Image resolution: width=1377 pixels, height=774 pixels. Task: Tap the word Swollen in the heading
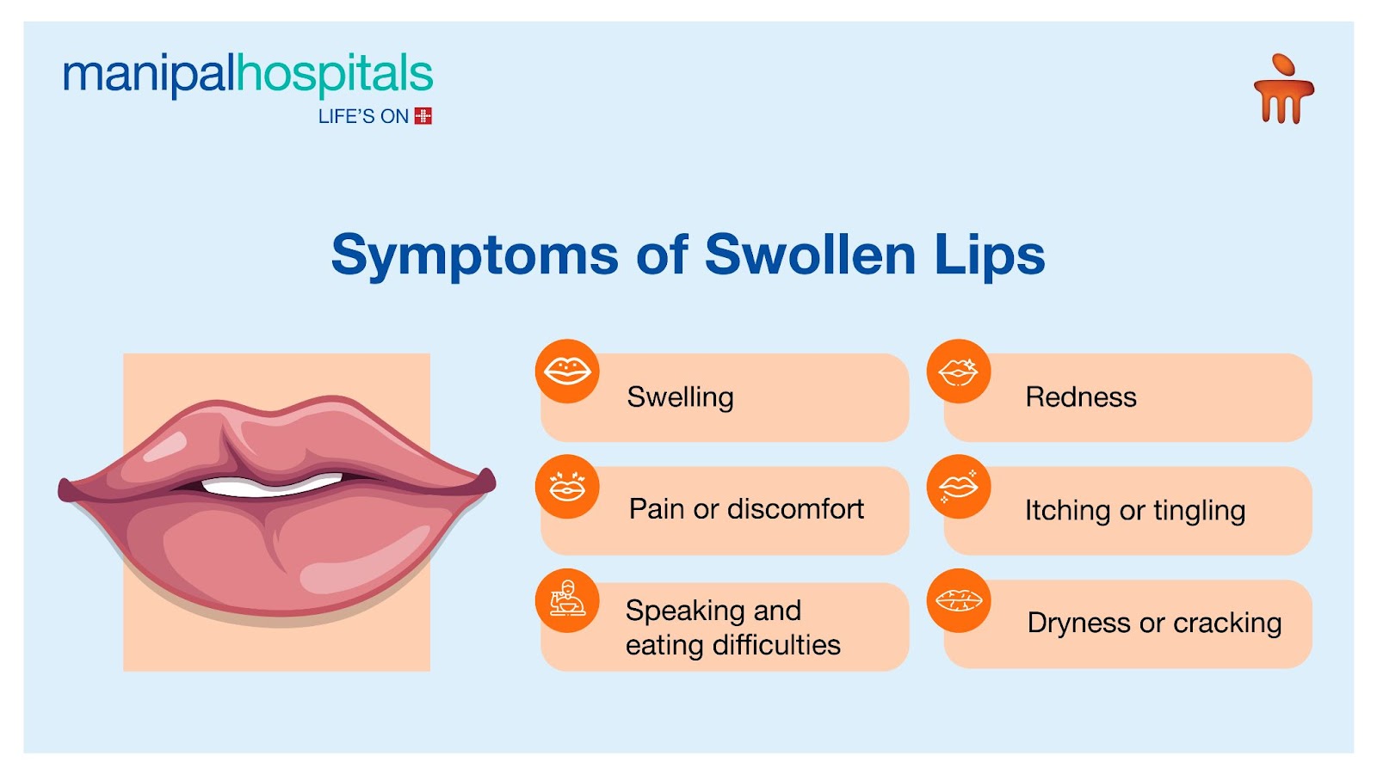tap(810, 254)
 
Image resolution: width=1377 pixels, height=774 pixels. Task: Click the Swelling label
tap(680, 397)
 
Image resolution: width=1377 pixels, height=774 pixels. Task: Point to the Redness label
tap(1081, 397)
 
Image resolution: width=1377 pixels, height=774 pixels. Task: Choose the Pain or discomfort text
tap(746, 509)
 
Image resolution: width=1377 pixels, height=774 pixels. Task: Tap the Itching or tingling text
tap(1135, 511)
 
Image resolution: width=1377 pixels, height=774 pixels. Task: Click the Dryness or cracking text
tap(1154, 623)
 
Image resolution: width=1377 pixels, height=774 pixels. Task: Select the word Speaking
tap(681, 611)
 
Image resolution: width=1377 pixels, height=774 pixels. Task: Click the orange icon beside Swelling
tap(567, 371)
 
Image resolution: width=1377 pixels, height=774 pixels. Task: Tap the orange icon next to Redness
tap(959, 371)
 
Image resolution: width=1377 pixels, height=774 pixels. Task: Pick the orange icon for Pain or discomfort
tap(567, 487)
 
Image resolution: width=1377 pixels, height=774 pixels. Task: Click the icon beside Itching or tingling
tap(959, 487)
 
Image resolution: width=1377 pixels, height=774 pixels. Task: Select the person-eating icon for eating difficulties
tap(567, 601)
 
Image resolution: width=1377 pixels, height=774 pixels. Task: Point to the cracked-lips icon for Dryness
tap(959, 601)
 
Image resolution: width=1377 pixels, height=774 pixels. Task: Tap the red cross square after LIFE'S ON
tap(423, 116)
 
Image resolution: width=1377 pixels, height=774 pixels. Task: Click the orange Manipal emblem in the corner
tap(1283, 89)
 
